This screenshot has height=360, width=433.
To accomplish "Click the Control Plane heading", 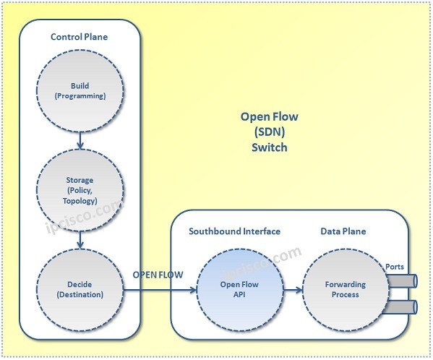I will click(x=79, y=37).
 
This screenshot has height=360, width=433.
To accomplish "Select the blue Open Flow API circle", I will click(x=238, y=289).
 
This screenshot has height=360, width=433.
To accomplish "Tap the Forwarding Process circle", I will click(x=345, y=289).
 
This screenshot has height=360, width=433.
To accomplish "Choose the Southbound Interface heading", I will click(x=234, y=231).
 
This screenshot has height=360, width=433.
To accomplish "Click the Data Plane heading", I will click(x=343, y=231).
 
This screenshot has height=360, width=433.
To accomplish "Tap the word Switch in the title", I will click(x=268, y=147).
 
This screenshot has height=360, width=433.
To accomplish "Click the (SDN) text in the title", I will click(x=268, y=132).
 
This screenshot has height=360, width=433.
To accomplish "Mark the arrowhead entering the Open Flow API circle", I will click(x=194, y=290).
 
